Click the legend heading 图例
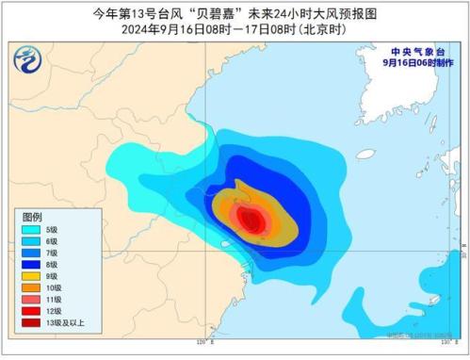click(32, 217)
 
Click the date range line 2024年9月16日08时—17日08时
click(235, 27)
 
